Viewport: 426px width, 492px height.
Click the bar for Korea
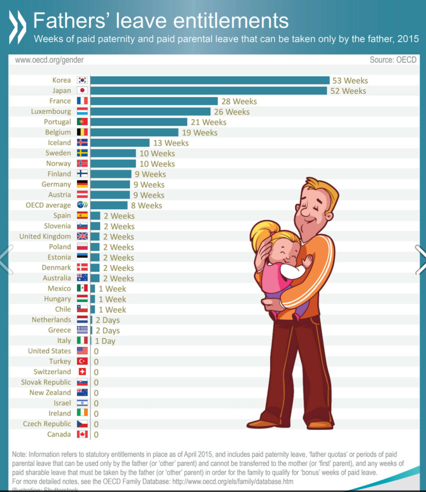tap(210, 80)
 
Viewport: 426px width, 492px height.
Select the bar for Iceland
tap(120, 143)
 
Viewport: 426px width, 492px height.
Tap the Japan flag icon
tap(82, 91)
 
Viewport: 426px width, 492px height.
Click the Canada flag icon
tap(82, 434)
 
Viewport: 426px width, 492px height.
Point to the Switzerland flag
tap(82, 372)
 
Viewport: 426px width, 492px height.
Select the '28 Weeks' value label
tap(239, 101)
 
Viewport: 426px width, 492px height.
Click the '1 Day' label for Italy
tap(105, 341)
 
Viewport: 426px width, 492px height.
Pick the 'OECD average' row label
tap(48, 205)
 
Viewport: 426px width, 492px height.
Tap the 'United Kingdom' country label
tap(45, 236)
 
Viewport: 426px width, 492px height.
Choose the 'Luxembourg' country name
tap(51, 111)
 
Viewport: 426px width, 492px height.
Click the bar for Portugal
tap(139, 122)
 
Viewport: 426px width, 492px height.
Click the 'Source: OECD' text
tap(393, 60)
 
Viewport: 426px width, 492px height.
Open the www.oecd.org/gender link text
tap(49, 60)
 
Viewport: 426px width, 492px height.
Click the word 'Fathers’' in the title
tap(70, 21)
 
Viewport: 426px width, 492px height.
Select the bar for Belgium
tap(134, 133)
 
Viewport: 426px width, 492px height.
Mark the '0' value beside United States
tap(96, 351)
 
